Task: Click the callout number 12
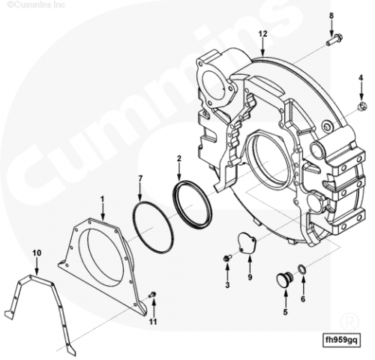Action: (262, 34)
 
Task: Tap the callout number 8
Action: (331, 16)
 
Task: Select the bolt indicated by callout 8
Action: (334, 40)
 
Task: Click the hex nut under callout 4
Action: (362, 106)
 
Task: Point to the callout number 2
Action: (179, 158)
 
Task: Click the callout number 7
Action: (140, 178)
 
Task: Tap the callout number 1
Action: (102, 199)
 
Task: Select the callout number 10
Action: (37, 253)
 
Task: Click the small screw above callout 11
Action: (152, 295)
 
